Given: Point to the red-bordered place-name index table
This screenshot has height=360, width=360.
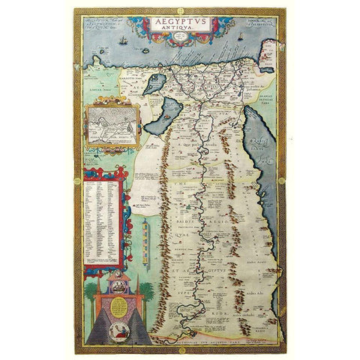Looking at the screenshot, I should [x=103, y=217].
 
